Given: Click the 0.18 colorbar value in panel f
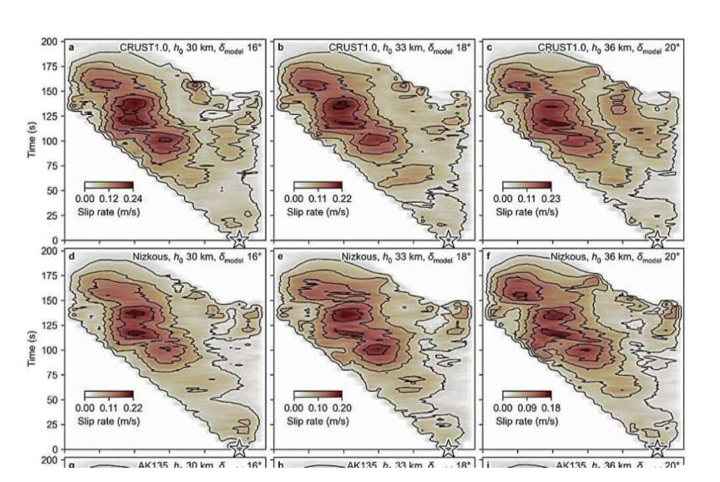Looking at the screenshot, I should (x=550, y=407).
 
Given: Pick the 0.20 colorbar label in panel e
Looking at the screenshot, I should (x=341, y=407).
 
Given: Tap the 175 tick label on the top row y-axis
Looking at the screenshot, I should (x=49, y=66).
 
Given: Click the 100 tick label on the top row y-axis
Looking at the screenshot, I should (x=49, y=141).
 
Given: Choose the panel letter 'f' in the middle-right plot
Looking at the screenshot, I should (x=488, y=256).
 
